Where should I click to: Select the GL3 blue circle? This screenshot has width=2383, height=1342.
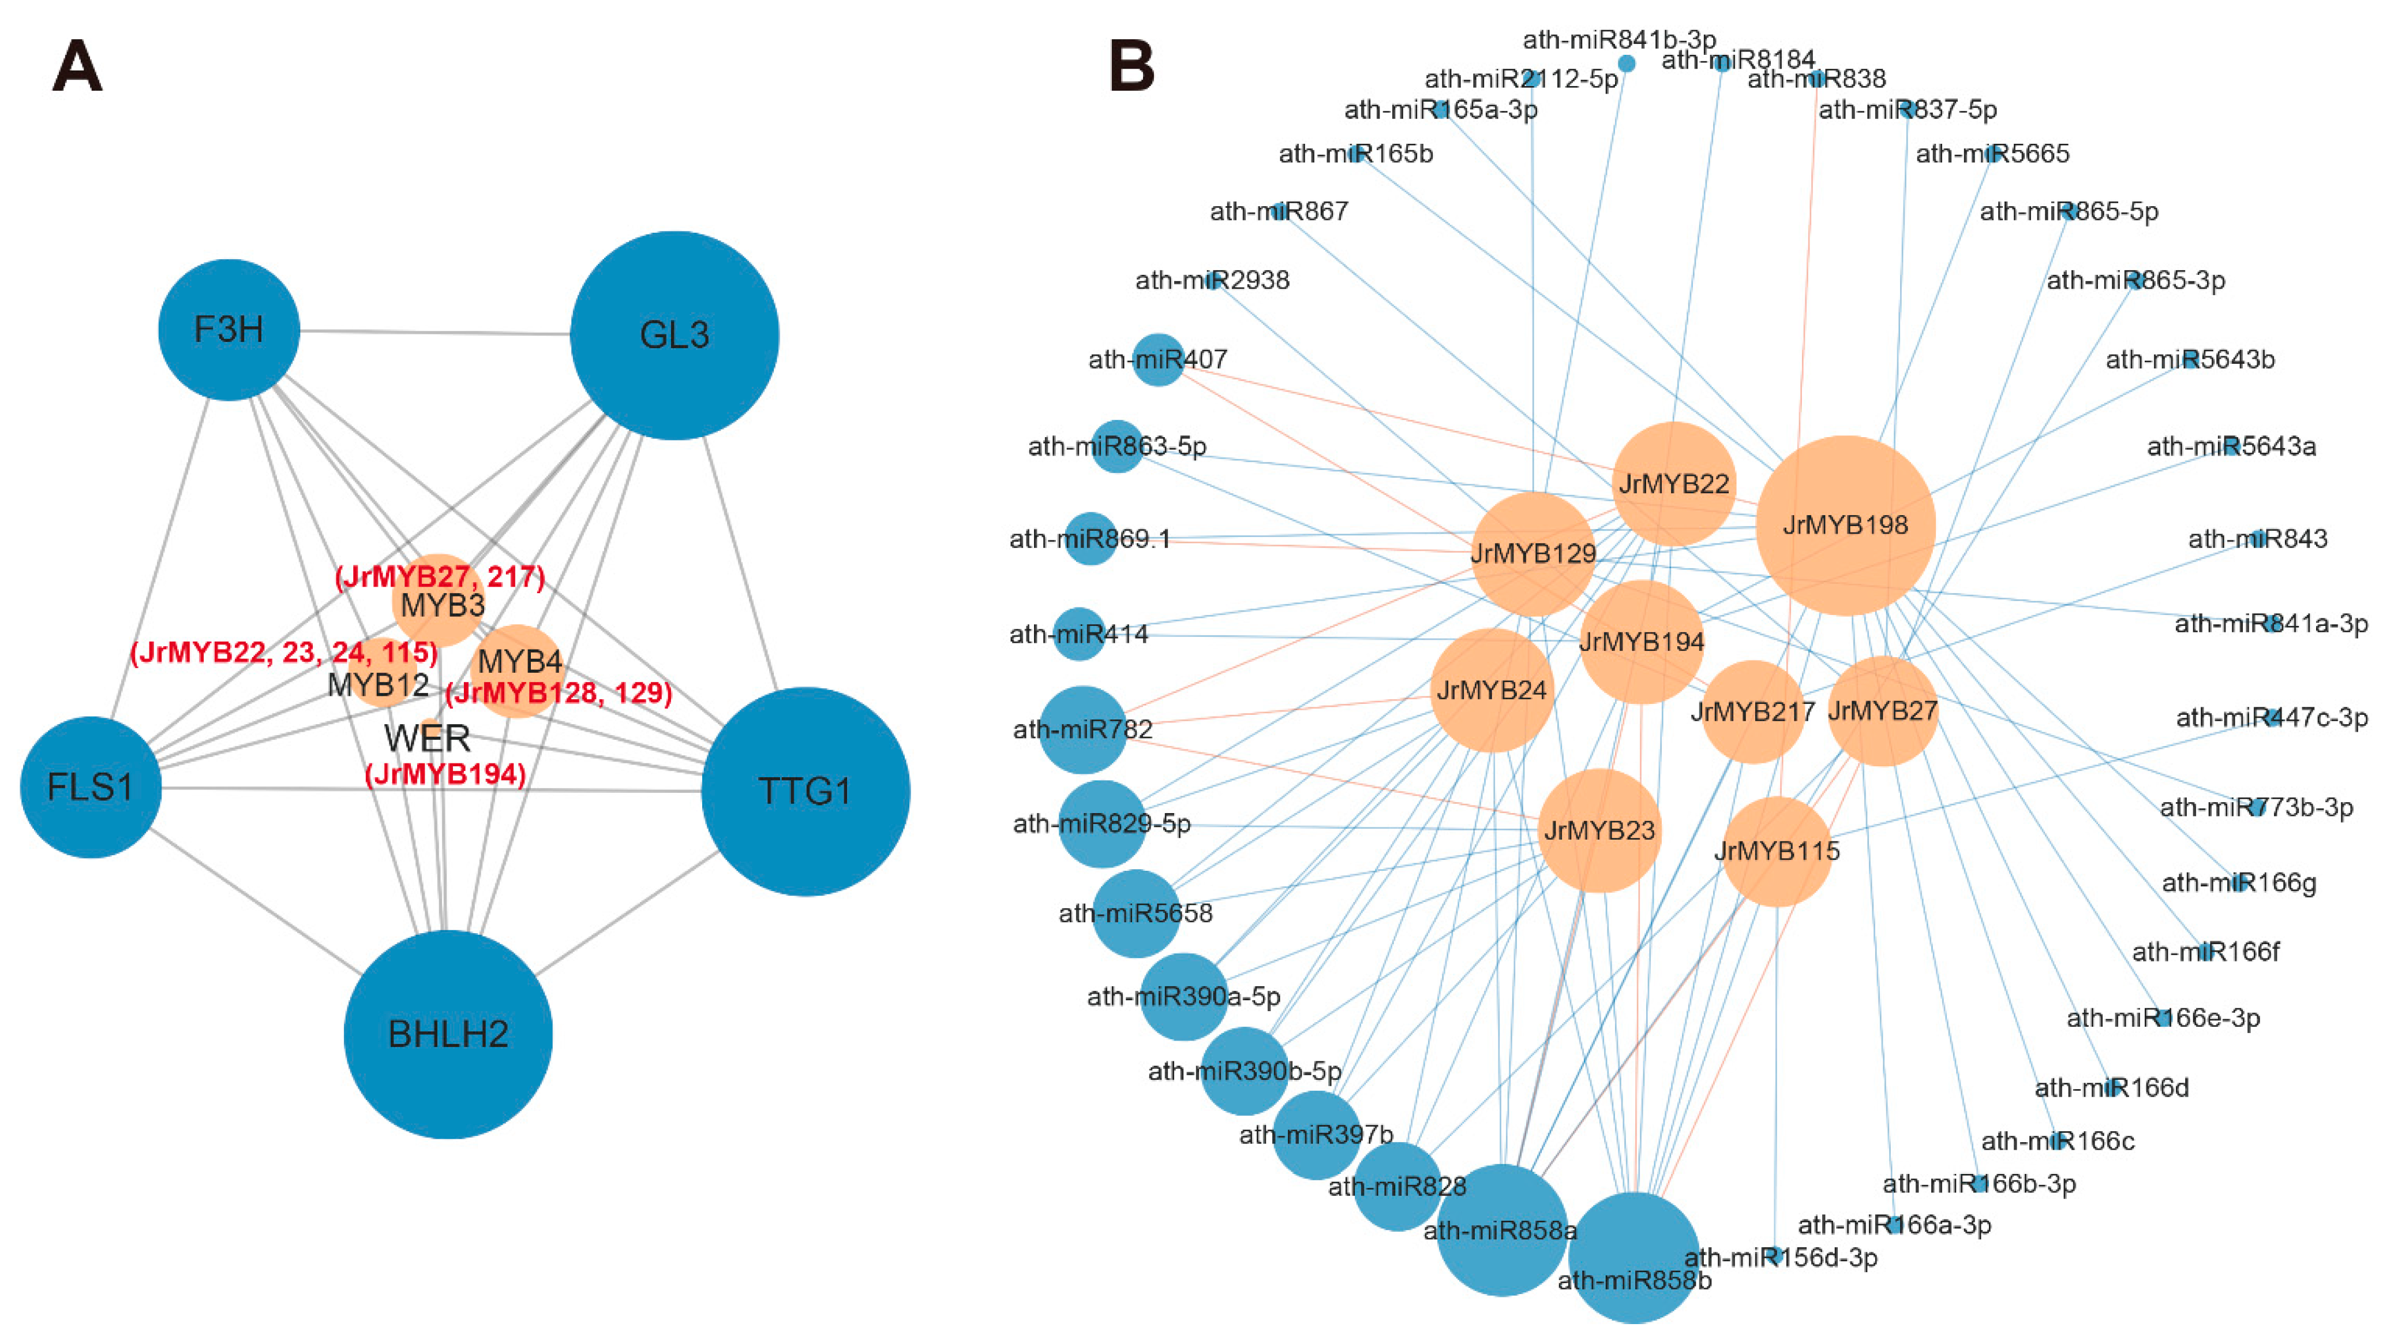click(x=675, y=335)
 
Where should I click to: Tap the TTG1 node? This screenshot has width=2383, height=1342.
click(x=805, y=791)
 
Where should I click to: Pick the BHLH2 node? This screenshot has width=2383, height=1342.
click(x=448, y=1034)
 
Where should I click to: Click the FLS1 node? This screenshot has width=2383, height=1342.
click(x=91, y=786)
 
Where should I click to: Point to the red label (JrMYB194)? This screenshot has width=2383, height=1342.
click(x=446, y=774)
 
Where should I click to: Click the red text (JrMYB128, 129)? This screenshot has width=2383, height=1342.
click(x=558, y=692)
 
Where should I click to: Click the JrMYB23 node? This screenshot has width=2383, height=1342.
click(x=1598, y=830)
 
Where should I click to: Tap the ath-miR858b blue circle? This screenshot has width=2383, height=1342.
click(x=1633, y=1257)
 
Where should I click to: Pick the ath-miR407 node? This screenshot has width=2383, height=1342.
click(x=1157, y=359)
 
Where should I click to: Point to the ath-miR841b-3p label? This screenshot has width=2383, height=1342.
click(x=1619, y=40)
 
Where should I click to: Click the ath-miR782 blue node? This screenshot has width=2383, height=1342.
click(x=1082, y=729)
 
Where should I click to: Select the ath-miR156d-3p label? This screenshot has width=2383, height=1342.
click(x=1781, y=1258)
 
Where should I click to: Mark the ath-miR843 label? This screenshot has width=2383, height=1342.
click(x=2257, y=539)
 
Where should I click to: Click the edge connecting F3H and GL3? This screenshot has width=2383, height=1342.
click(x=435, y=332)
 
